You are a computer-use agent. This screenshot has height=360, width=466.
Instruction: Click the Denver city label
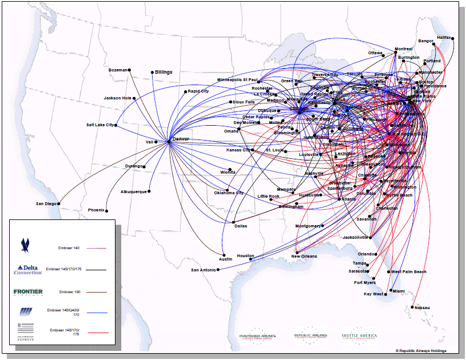click(181, 139)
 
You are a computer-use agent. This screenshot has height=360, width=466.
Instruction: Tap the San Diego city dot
click(59, 203)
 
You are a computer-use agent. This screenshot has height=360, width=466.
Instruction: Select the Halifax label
click(444, 37)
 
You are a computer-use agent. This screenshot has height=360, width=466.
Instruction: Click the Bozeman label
click(118, 70)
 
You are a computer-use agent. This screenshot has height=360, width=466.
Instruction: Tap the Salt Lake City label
click(100, 125)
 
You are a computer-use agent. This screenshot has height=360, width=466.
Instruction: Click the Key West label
click(373, 294)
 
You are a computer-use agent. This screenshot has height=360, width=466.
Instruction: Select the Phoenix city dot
click(106, 210)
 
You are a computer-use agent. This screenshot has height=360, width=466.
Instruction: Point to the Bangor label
click(425, 41)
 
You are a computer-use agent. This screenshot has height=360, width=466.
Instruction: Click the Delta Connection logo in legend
click(28, 269)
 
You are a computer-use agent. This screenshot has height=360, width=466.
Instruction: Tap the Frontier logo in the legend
click(28, 292)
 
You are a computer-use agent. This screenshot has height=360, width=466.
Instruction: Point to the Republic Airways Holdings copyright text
click(420, 350)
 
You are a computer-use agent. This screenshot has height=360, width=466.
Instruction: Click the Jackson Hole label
click(117, 98)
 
